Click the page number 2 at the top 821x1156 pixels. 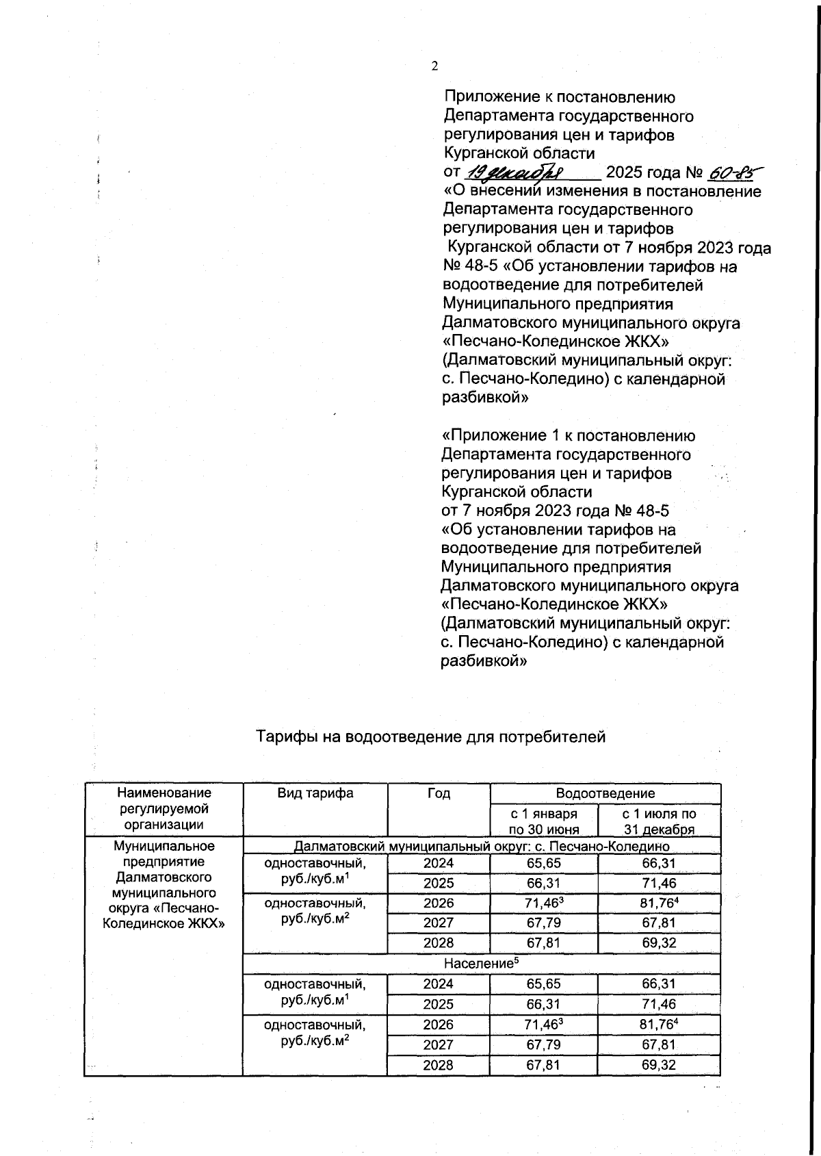pos(434,66)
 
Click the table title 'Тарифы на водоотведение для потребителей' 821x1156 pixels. pos(430,736)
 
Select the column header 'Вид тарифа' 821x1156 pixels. pos(315,793)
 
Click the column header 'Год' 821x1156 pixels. pos(439,793)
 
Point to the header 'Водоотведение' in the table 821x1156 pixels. pos(605,793)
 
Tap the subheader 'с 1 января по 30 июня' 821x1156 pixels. pos(544,821)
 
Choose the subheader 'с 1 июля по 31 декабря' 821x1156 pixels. pos(659,821)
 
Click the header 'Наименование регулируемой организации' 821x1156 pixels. pos(164,809)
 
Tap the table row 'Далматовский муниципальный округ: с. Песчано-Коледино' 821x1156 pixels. pos(481,847)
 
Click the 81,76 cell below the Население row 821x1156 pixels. pos(659,1025)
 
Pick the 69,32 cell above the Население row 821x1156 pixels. pos(659,942)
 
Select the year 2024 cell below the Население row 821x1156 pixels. pos(439,984)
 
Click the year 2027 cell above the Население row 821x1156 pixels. pos(439,923)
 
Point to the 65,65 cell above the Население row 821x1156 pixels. pos(544,864)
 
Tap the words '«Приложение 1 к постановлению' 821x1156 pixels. pos(568,436)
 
